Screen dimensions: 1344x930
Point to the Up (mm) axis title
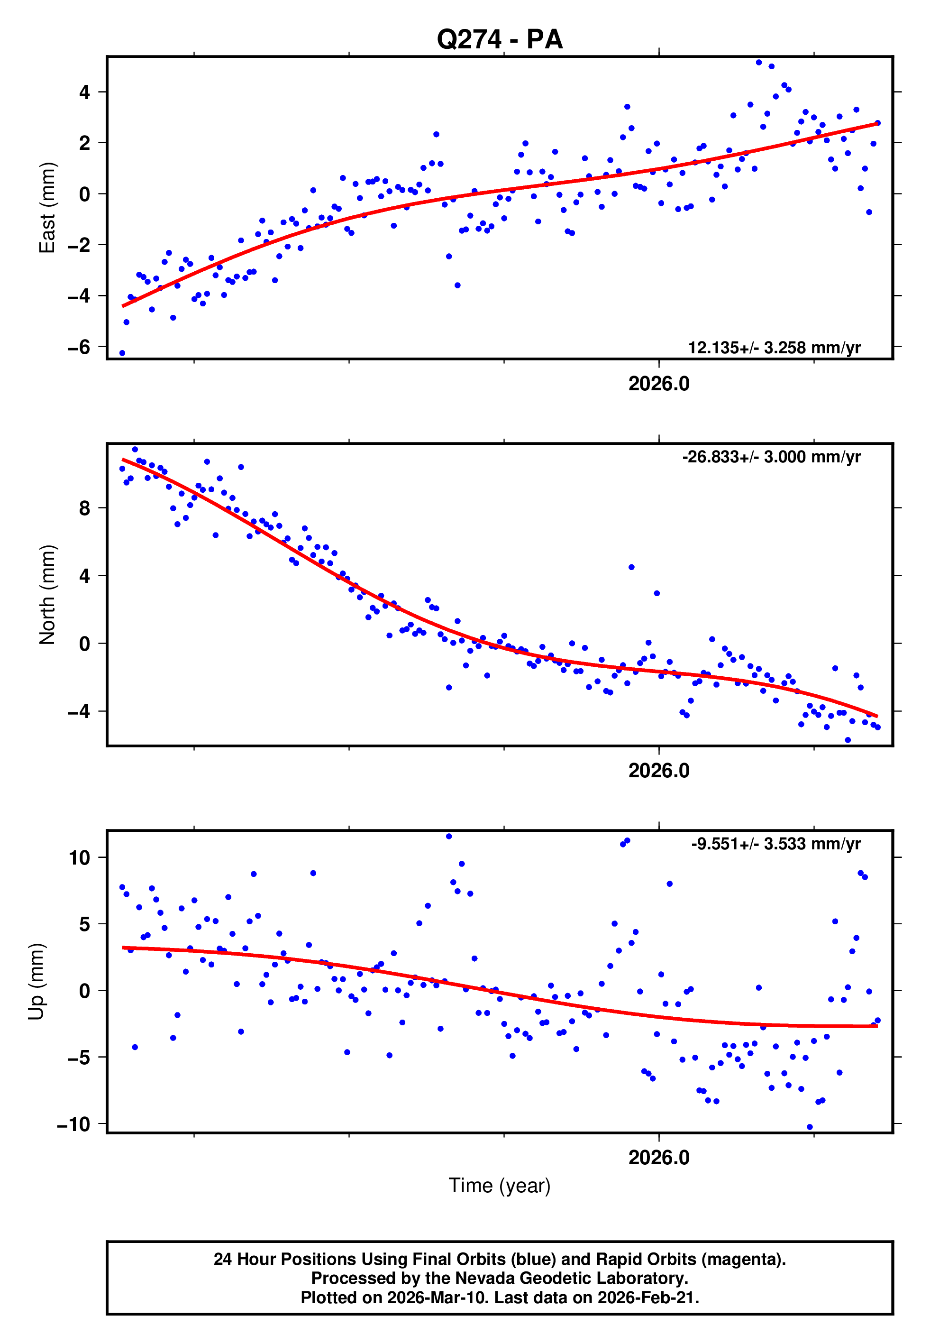(36, 982)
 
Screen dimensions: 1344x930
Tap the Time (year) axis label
(500, 1186)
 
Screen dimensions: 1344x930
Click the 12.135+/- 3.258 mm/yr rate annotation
(774, 348)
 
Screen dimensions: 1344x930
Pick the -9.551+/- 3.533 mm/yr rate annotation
(775, 844)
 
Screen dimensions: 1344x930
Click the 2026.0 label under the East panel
(658, 384)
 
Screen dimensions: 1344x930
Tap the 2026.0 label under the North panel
(658, 771)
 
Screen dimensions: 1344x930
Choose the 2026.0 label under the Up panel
(658, 1158)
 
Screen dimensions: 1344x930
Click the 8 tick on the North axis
(85, 508)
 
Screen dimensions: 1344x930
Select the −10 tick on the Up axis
(74, 1124)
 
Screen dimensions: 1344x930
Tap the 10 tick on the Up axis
(80, 858)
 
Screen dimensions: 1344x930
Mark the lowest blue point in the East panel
(122, 353)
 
